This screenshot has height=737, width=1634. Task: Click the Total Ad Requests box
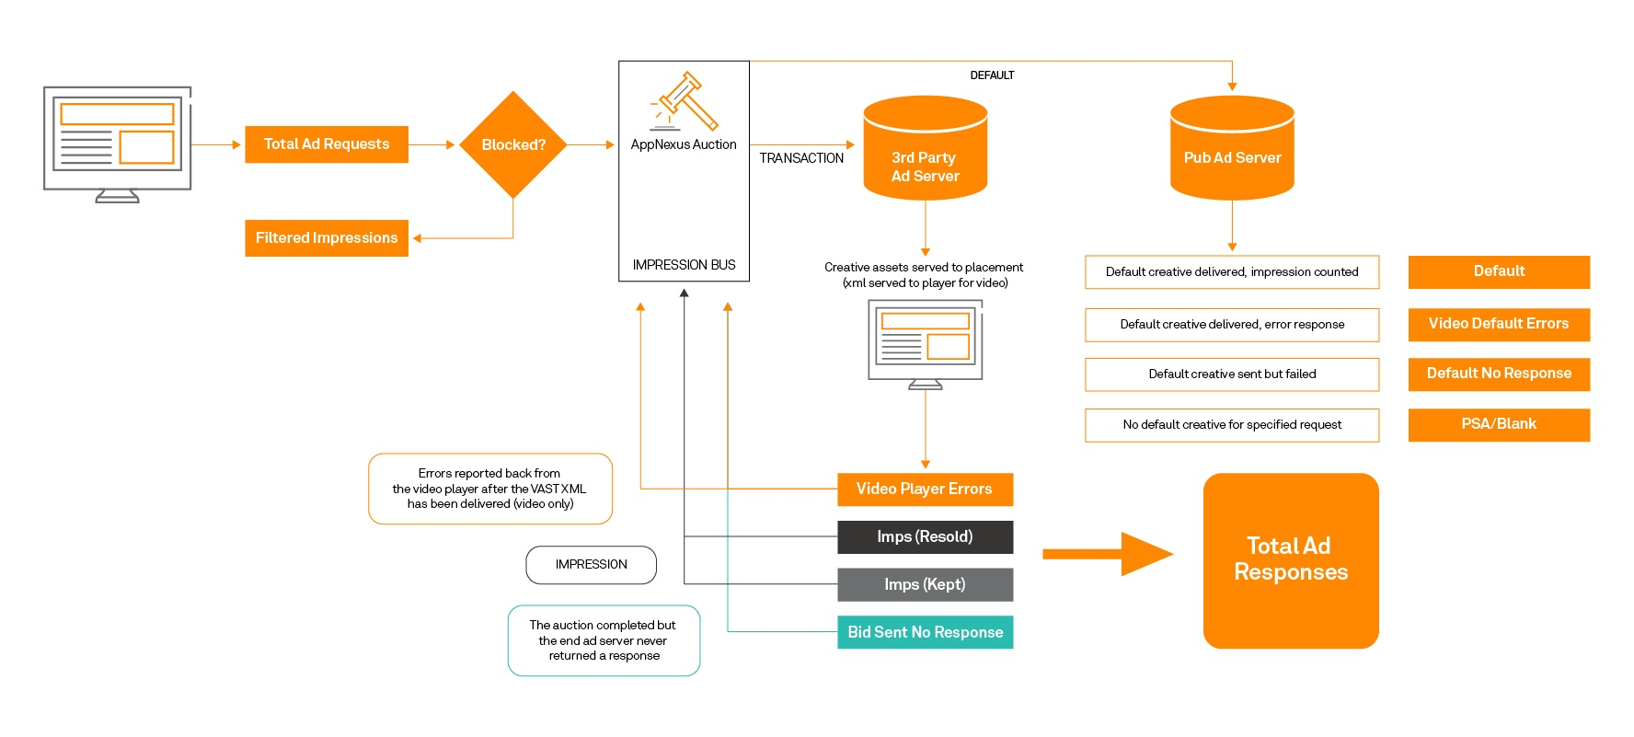coord(327,144)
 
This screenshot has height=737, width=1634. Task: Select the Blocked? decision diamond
coord(512,144)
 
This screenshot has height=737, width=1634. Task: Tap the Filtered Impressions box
coord(327,238)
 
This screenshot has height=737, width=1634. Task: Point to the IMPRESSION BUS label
coord(684,265)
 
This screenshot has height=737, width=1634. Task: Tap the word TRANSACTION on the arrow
coord(801,158)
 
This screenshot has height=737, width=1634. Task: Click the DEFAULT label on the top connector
coord(992,75)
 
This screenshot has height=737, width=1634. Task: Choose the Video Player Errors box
coord(925,489)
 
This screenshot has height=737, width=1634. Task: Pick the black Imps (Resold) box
coord(925,537)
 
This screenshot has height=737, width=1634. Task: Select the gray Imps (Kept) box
coord(925,585)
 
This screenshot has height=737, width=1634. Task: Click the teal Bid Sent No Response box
coord(925,633)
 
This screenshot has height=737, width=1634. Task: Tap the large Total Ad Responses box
coord(1291,560)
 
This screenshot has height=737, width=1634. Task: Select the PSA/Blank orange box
coord(1499,425)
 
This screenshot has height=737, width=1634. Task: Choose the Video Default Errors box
coord(1499,325)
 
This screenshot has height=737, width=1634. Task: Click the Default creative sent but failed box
coord(1232,374)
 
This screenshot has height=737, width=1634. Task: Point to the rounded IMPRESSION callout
coord(591,565)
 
